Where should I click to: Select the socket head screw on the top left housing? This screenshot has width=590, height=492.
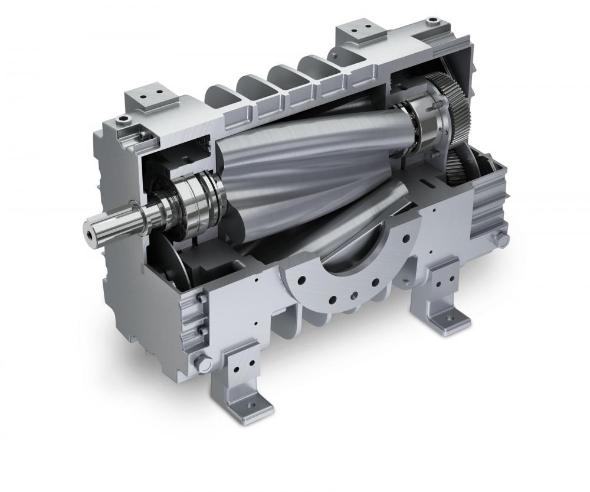(x=122, y=120)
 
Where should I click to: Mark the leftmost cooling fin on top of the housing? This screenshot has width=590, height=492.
(x=221, y=95)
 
